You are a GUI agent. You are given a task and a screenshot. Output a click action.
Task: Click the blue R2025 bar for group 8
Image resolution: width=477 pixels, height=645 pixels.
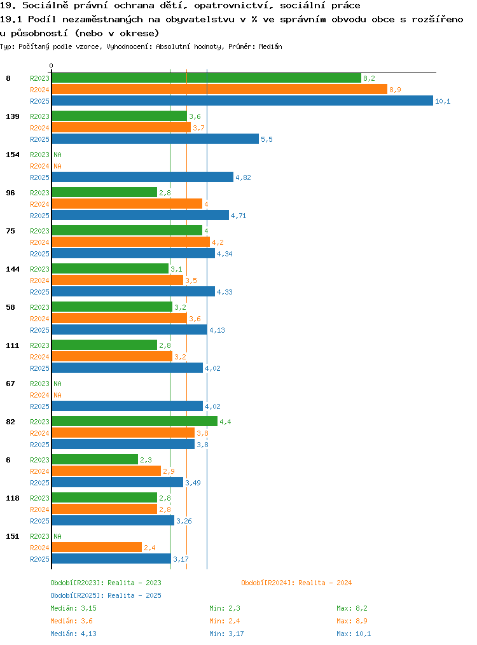pos(242,101)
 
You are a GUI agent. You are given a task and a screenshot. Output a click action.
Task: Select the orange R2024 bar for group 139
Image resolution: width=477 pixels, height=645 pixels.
pos(121,127)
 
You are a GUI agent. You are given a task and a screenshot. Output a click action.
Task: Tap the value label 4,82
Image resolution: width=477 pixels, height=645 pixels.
pos(243,177)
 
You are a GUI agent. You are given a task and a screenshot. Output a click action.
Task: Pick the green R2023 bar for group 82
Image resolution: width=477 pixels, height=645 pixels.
pos(134,421)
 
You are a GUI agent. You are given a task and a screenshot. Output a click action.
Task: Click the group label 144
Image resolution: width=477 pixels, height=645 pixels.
pos(13,269)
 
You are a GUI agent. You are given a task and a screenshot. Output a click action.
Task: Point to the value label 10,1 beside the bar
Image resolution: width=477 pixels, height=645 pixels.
pos(443,101)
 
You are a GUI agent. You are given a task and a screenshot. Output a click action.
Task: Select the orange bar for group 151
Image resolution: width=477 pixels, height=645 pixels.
pos(97,547)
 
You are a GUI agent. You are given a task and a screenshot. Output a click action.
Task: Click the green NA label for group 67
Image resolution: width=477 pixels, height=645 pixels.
pos(58,384)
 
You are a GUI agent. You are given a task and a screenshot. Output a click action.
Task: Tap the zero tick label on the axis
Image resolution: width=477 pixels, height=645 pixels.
pos(51,66)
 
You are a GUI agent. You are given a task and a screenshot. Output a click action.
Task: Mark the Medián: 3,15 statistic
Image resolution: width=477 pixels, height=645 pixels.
pos(73,608)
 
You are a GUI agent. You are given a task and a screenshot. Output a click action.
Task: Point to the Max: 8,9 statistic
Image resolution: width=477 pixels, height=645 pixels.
pos(352,621)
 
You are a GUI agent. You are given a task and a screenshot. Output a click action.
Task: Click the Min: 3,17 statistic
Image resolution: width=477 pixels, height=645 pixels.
pos(226,634)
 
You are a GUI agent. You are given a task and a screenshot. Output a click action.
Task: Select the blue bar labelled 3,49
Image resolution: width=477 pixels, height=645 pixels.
pos(117,482)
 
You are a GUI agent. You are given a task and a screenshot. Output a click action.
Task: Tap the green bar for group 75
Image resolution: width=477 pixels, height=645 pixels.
pos(127,230)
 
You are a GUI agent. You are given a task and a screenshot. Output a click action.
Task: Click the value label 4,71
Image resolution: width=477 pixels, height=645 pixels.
pos(238,216)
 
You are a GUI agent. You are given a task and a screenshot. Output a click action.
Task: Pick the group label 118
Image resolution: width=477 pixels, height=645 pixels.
pos(13,498)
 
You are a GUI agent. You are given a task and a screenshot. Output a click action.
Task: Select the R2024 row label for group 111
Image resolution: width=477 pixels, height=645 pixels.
pos(39,357)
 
